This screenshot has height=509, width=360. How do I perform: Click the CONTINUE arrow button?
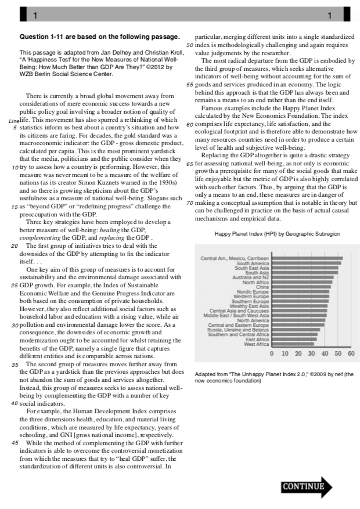[307, 487]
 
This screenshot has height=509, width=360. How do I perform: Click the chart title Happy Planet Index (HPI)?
[277, 233]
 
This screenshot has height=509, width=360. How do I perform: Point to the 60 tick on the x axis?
[351, 353]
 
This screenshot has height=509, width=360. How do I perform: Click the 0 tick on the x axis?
[272, 353]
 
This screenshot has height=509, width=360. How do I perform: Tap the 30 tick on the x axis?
[311, 353]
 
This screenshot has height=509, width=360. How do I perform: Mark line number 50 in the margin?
[189, 45]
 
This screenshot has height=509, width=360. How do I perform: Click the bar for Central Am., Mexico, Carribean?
[307, 258]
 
